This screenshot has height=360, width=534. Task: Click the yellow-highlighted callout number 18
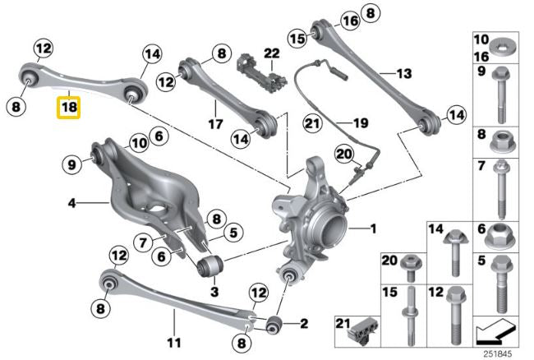click(68, 108)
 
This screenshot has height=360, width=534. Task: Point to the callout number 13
click(403, 73)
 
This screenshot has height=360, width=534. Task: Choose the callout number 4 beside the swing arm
click(72, 202)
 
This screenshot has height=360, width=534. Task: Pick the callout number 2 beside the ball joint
click(304, 323)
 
